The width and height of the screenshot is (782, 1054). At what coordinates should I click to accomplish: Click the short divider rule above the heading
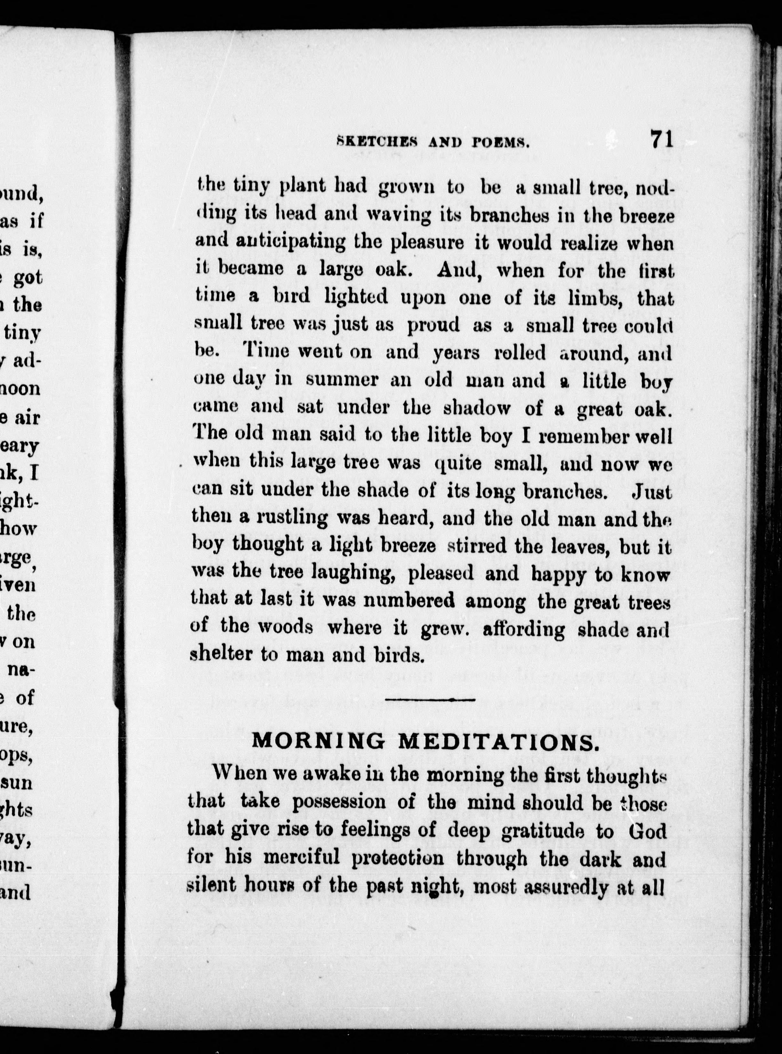click(x=430, y=699)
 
